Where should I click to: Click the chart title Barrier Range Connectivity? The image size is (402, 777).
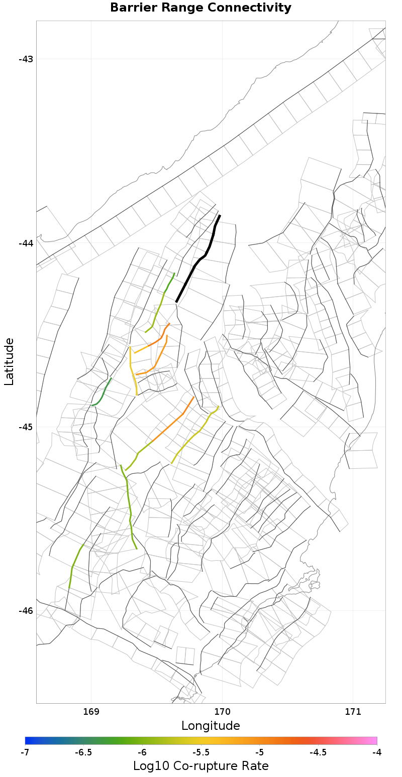(x=200, y=8)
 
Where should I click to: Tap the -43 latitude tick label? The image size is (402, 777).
(x=26, y=59)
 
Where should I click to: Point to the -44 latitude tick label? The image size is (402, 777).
(x=26, y=243)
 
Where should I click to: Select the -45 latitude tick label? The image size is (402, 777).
(x=26, y=427)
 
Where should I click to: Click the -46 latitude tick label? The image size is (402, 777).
(x=26, y=610)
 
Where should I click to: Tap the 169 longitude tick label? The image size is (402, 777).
(x=91, y=712)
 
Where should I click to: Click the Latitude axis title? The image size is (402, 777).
(x=9, y=361)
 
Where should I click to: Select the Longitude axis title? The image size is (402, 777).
(x=211, y=726)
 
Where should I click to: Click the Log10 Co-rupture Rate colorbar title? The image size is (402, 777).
(x=200, y=766)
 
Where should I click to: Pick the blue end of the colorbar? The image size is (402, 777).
(x=28, y=740)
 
